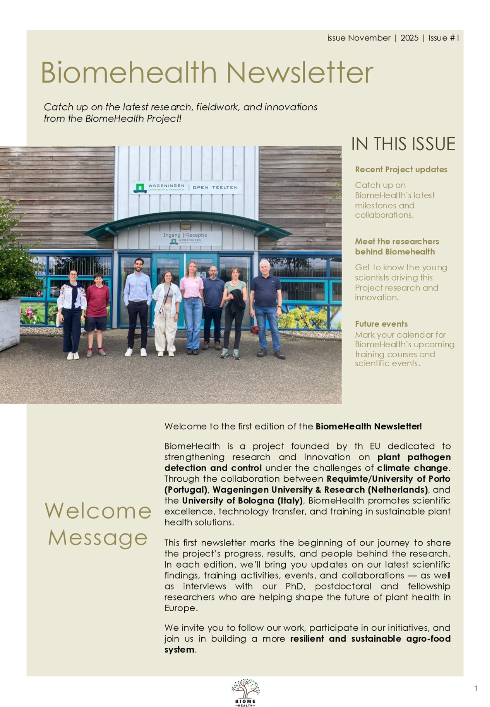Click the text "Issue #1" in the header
click(444, 38)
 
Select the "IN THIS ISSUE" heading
click(403, 144)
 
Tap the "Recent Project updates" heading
click(401, 169)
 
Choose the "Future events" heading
click(381, 324)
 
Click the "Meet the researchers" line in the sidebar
click(397, 242)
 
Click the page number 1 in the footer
click(476, 688)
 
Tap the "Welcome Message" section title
click(98, 524)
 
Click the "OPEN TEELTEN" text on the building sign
click(215, 187)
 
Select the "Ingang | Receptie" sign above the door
click(185, 235)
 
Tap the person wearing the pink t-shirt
click(192, 306)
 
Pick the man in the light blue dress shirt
click(138, 306)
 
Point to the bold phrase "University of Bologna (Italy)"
click(242, 500)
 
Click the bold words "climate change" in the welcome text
click(412, 468)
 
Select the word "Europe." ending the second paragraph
click(181, 608)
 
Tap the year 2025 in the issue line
click(409, 38)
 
